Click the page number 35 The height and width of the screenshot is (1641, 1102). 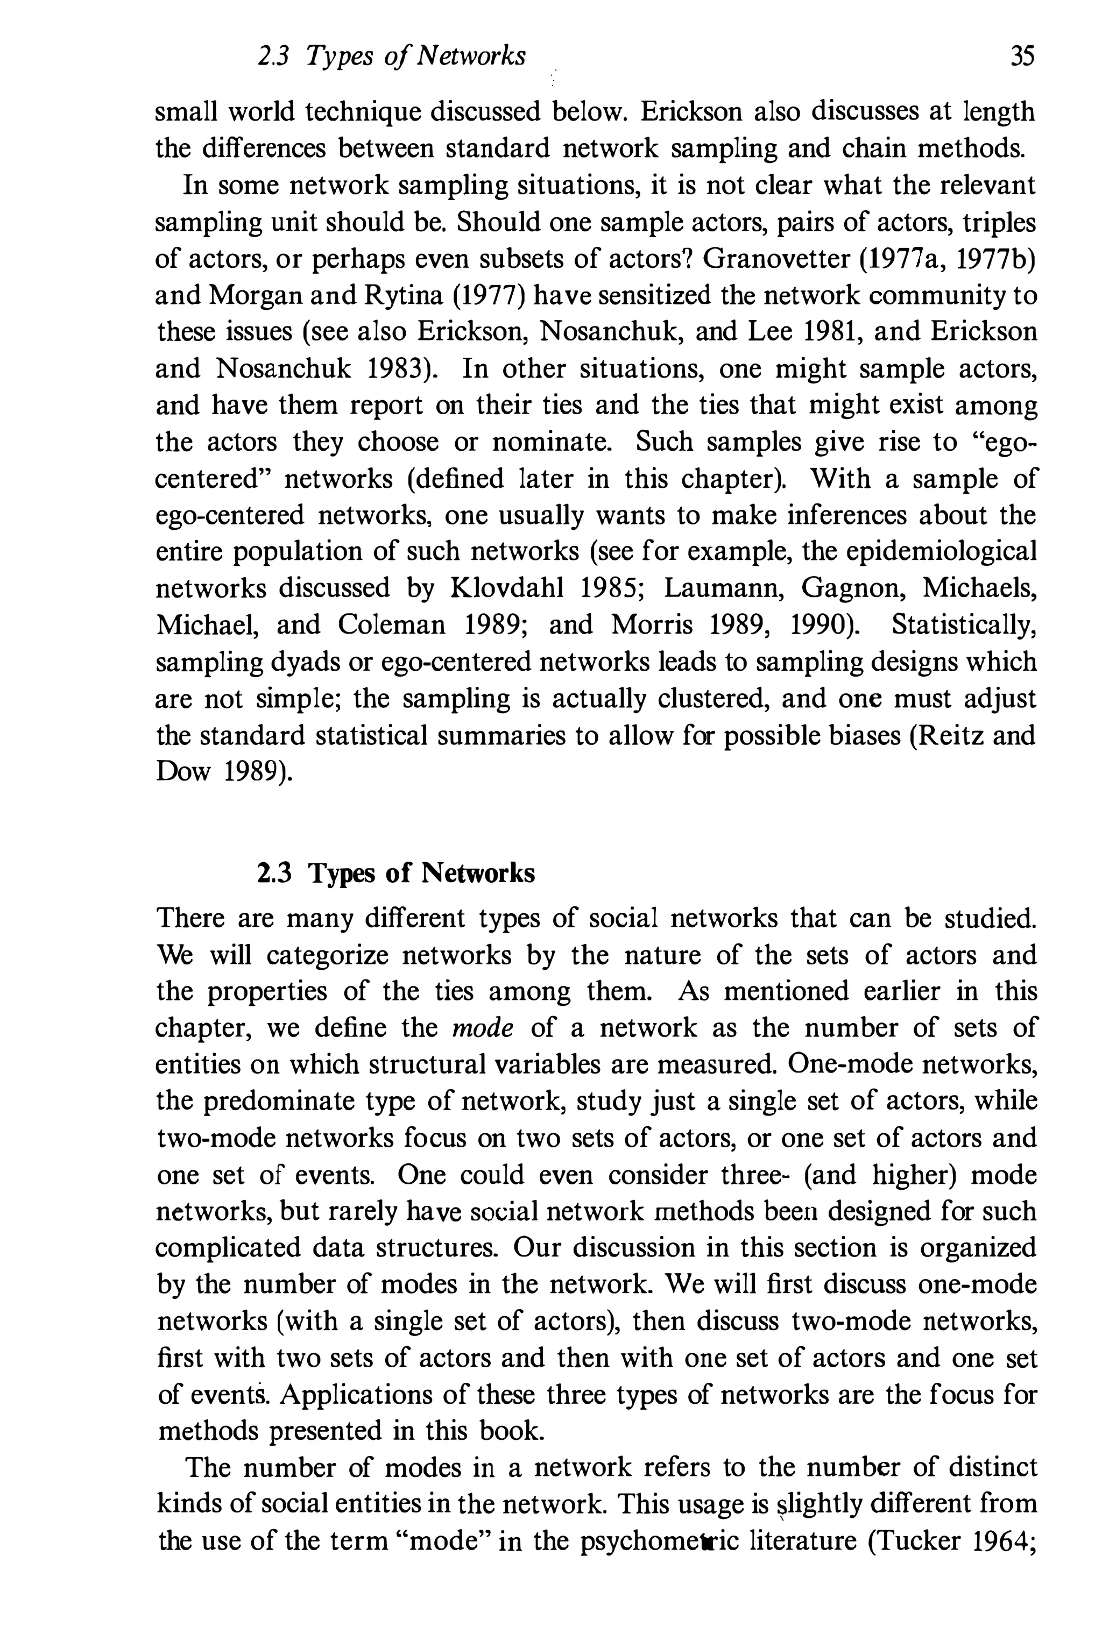(1022, 56)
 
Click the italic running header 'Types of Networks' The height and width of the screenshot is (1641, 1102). (416, 56)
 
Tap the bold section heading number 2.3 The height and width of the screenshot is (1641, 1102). (274, 873)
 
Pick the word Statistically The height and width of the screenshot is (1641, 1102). (964, 624)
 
